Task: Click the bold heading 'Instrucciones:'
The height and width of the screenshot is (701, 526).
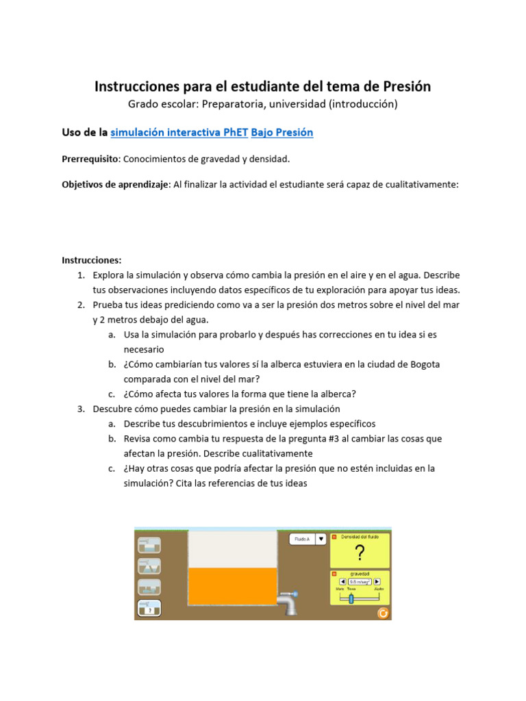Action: click(91, 260)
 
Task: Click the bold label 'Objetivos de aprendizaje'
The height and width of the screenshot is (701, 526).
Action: click(115, 185)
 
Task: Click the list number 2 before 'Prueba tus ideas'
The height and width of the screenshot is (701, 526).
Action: click(80, 305)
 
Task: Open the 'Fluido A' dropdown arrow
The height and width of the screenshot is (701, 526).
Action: click(320, 539)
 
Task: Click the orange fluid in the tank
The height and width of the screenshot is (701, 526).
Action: click(232, 586)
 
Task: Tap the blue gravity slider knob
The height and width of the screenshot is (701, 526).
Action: click(351, 599)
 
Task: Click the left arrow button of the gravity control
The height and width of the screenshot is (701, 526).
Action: click(343, 582)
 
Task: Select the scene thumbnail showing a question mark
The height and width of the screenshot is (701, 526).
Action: click(149, 609)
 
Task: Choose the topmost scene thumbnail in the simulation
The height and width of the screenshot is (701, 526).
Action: click(149, 545)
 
